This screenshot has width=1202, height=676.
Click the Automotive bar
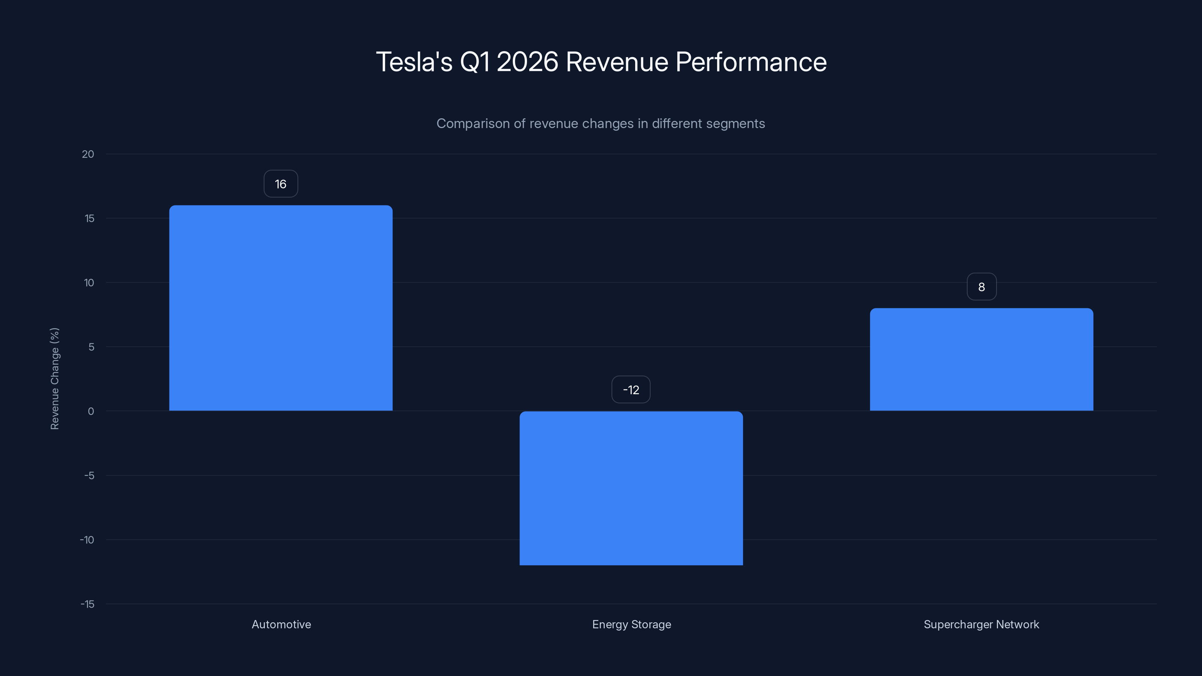(x=281, y=308)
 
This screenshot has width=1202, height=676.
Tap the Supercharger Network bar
(x=981, y=359)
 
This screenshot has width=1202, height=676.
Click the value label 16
(x=281, y=184)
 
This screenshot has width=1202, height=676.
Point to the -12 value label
(x=631, y=389)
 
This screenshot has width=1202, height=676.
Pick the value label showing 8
(x=981, y=287)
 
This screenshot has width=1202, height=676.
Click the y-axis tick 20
(x=88, y=154)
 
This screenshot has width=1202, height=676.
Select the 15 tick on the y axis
(x=89, y=218)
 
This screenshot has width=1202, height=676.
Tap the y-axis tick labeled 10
(x=89, y=283)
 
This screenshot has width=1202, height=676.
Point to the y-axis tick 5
(x=91, y=347)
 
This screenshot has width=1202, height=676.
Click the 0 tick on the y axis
(x=91, y=411)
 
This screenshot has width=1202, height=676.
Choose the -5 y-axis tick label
(x=89, y=475)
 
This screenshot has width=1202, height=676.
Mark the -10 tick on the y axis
(x=87, y=540)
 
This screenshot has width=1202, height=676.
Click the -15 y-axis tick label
(x=87, y=604)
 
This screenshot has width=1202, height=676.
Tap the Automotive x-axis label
(x=281, y=624)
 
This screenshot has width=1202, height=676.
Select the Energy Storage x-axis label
(x=631, y=624)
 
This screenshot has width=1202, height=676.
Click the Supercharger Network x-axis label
(x=981, y=624)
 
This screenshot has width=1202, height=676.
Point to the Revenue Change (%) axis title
(x=54, y=378)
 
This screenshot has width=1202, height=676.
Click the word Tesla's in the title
(x=414, y=62)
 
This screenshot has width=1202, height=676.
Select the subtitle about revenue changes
(x=601, y=124)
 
